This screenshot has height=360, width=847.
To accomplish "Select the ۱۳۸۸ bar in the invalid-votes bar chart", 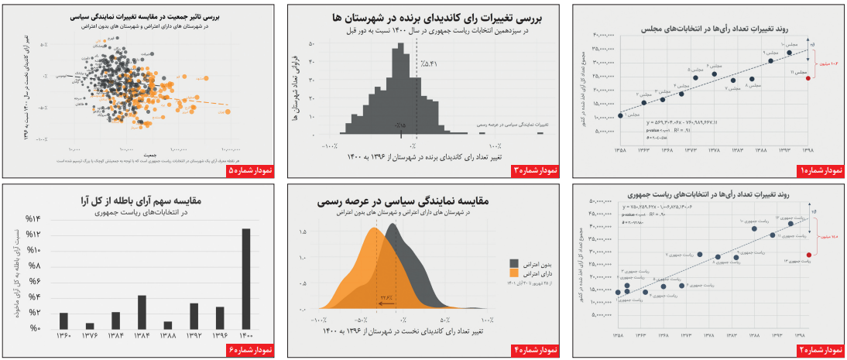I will click(x=168, y=325).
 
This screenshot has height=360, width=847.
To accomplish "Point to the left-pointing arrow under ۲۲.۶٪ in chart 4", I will click(x=386, y=305).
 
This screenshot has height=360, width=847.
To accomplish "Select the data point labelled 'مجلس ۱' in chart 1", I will click(x=620, y=116).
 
